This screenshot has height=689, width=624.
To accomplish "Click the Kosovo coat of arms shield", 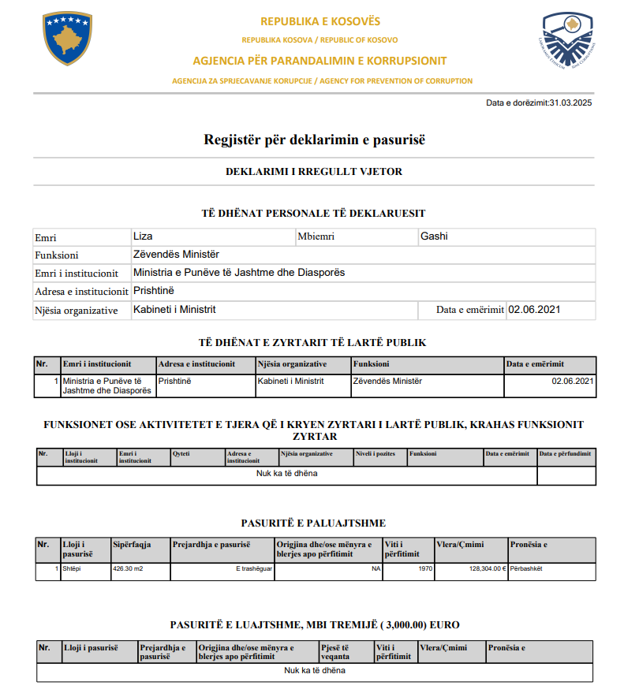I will [68, 39].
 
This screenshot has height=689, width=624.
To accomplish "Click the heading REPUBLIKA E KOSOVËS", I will [320, 21].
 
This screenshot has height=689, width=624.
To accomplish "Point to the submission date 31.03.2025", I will [570, 102].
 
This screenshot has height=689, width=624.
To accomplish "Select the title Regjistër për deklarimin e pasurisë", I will [314, 140].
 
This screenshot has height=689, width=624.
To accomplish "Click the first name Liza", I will [144, 236].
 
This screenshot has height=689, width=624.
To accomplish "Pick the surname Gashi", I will [435, 236].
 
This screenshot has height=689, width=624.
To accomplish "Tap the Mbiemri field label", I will [316, 236].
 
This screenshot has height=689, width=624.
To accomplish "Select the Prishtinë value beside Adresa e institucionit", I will [154, 291].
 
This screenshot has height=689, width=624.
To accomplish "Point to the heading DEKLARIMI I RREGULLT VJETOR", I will [315, 171].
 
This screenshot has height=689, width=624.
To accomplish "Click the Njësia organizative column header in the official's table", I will [292, 364].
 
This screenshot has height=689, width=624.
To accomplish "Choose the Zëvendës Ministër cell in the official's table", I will [387, 382].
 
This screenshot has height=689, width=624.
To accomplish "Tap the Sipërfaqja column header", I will [132, 545].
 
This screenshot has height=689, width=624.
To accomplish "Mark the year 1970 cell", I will [425, 568].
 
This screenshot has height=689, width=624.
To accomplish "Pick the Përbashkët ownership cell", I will [527, 568].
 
